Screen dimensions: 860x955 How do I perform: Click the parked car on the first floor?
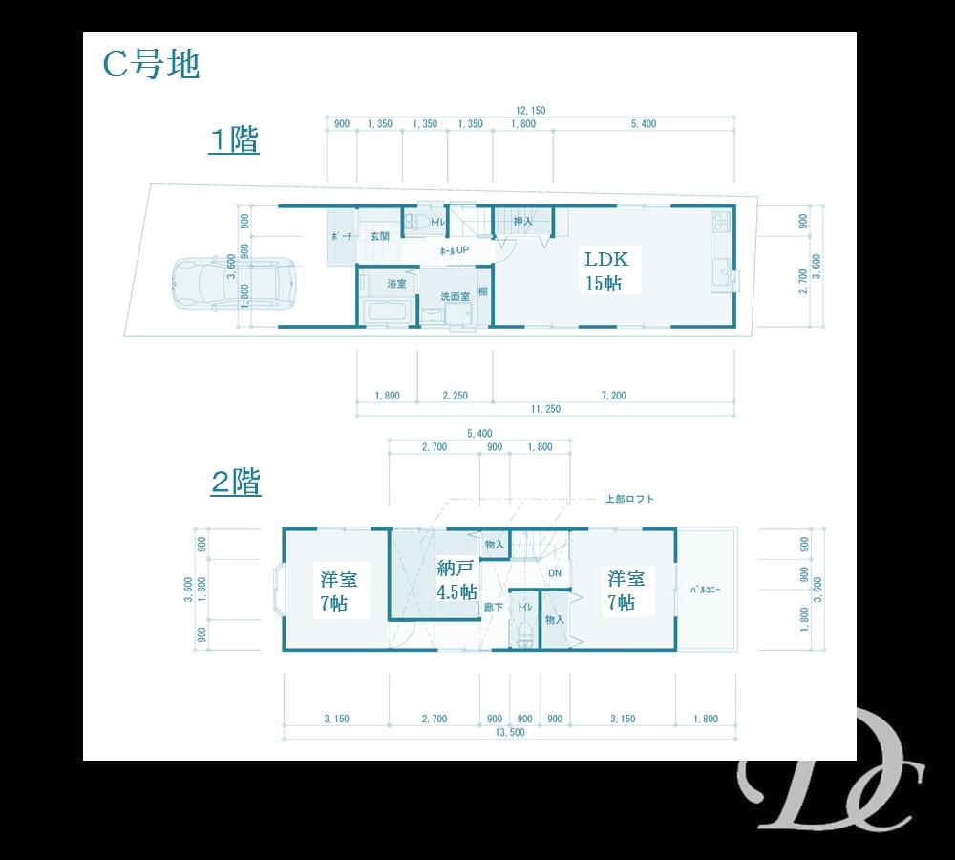click(x=234, y=284)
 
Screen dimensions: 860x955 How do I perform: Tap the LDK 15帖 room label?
click(x=606, y=270)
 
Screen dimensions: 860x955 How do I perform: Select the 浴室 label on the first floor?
click(x=396, y=284)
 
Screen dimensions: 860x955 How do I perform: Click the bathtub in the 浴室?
click(x=388, y=311)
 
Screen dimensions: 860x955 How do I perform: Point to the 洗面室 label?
click(x=455, y=296)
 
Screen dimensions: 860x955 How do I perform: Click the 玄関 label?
click(x=379, y=236)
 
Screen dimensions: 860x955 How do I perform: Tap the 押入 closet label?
click(x=522, y=222)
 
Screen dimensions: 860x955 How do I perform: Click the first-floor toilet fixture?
click(x=414, y=222)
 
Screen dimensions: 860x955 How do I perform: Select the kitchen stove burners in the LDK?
click(x=719, y=226)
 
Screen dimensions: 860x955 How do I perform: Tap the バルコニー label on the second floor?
click(x=705, y=590)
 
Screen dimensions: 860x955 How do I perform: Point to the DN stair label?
click(x=555, y=573)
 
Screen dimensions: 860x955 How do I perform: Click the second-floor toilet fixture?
click(x=523, y=633)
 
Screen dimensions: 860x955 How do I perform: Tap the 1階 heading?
click(x=235, y=140)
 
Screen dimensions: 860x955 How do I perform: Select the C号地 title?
click(x=150, y=65)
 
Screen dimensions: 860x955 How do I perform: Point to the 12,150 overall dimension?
click(x=531, y=111)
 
